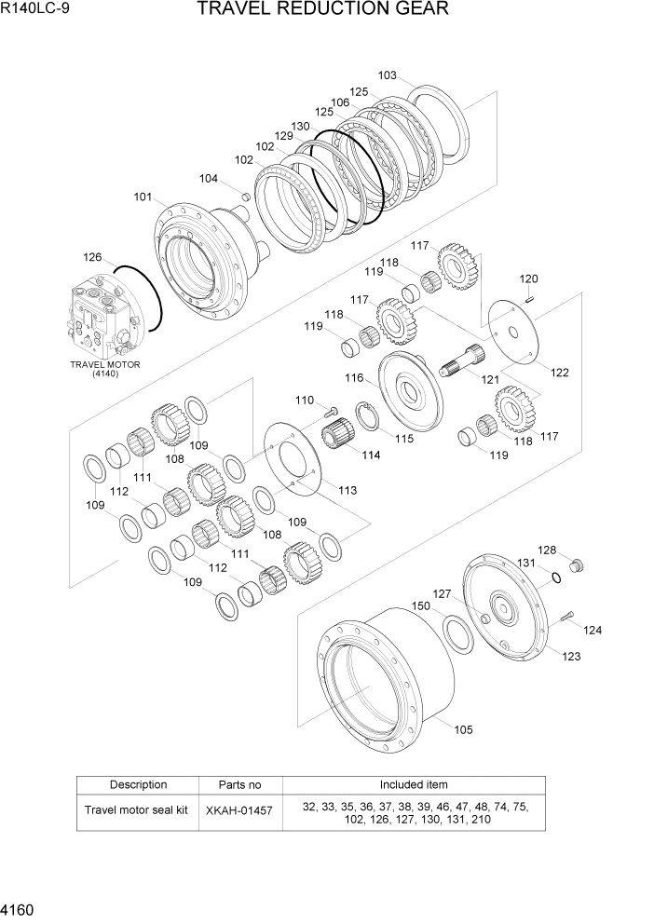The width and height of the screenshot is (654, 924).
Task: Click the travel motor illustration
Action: tap(102, 318)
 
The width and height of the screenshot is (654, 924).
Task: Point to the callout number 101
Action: tap(143, 197)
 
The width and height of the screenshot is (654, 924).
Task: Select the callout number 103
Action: tap(387, 75)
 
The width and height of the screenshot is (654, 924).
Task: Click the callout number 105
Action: tap(462, 729)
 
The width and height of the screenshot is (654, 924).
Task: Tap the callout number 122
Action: tap(559, 373)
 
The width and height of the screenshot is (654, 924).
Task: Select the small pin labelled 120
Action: tap(529, 299)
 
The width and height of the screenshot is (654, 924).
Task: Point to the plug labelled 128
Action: tap(574, 565)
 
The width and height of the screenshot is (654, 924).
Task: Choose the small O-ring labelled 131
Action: tap(555, 578)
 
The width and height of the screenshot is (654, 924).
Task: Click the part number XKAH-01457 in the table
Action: tap(238, 810)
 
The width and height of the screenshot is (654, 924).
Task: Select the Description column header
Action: tap(138, 785)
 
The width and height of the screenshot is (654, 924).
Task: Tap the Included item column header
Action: tap(413, 785)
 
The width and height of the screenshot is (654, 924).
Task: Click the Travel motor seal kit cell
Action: tap(138, 810)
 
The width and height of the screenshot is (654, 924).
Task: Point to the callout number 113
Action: tap(347, 490)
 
